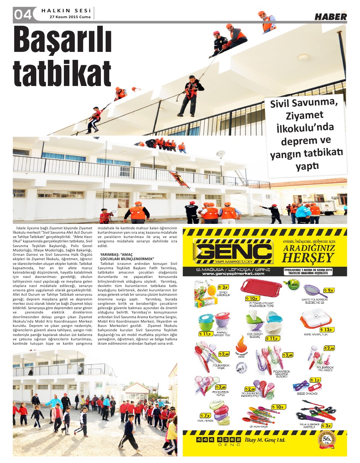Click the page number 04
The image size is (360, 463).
tap(23, 15)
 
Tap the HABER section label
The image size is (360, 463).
tap(330, 17)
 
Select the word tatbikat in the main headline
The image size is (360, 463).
tap(62, 74)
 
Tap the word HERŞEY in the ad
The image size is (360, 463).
tap(307, 258)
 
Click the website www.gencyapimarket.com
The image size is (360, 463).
tap(233, 274)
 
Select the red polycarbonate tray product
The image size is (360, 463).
tap(261, 288)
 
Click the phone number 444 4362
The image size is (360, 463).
tap(219, 440)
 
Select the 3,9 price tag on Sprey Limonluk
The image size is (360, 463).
tap(223, 287)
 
